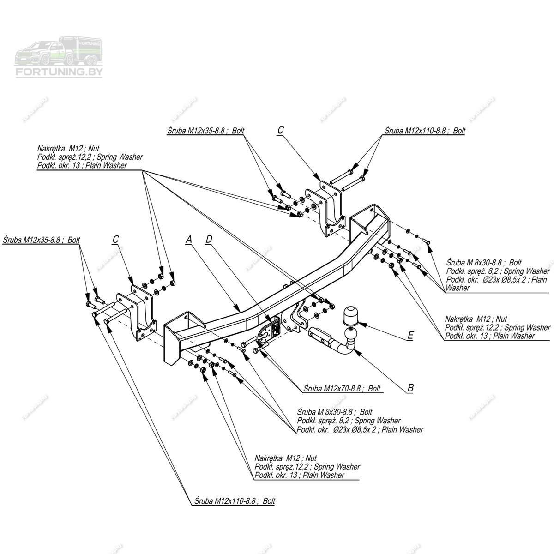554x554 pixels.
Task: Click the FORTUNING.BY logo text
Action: click(59, 72)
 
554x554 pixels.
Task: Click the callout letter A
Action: click(188, 239)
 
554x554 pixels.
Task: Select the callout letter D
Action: click(209, 239)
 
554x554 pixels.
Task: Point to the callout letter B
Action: click(410, 388)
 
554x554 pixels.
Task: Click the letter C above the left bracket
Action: click(115, 239)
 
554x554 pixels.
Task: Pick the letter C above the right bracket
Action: click(280, 131)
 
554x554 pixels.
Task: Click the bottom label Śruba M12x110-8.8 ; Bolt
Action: click(235, 501)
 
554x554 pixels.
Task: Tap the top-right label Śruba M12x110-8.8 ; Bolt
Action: click(425, 131)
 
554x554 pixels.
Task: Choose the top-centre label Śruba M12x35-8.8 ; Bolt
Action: click(205, 131)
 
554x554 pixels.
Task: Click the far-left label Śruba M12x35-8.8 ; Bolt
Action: click(41, 240)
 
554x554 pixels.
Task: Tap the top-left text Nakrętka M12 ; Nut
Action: click(68, 149)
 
